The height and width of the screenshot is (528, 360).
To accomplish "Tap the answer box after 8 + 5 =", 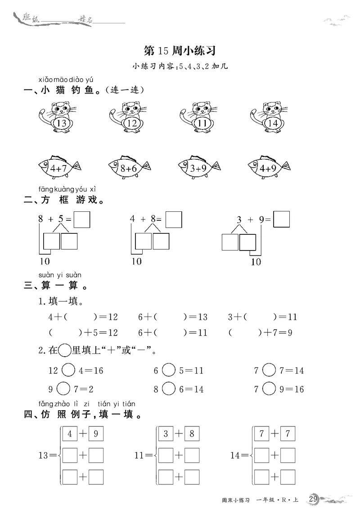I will coord(82,220).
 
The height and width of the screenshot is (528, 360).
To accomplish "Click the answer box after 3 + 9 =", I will coord(281,219).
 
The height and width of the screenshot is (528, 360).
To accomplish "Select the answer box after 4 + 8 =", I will coord(174,220).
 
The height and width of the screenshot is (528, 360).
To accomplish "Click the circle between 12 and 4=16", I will coord(67,370).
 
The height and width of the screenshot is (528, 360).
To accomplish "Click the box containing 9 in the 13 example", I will coord(96,434).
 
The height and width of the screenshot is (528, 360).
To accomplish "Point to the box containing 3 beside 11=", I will coord(166,434).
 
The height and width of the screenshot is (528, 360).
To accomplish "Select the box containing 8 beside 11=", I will coord(192,434).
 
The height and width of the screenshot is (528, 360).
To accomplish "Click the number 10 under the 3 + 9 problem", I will coord(255,262).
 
